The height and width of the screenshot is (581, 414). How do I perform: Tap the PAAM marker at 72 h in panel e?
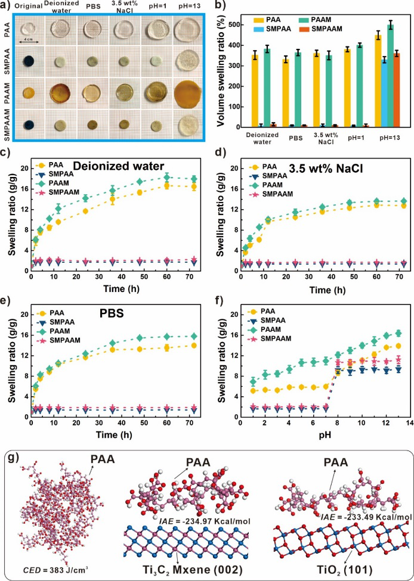(193, 336)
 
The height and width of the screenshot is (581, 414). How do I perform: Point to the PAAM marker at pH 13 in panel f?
(398, 333)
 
